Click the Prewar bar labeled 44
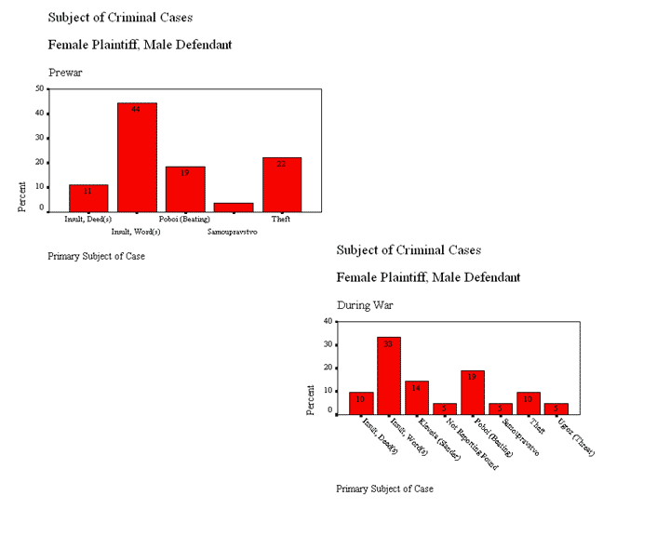coord(137,157)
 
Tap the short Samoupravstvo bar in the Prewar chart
coord(234,207)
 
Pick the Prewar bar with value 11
coord(88,197)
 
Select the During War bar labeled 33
coord(389,376)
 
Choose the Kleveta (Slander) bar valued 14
coord(417,397)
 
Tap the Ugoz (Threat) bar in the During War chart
coord(556,409)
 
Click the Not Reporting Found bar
coord(445,409)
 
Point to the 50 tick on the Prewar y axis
coord(40,88)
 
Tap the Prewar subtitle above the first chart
coord(65,72)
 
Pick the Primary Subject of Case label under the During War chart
coord(384,489)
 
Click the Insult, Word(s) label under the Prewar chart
coord(136,231)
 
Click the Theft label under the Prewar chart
coord(281,220)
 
